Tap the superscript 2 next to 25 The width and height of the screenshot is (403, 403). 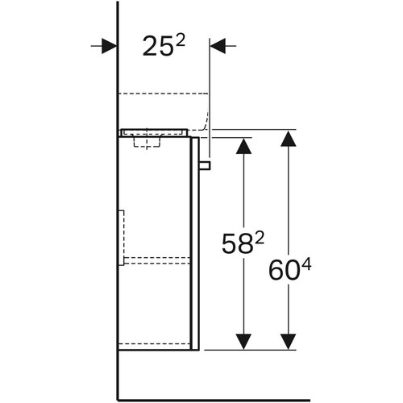click(181, 42)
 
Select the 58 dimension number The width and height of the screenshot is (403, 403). click(237, 244)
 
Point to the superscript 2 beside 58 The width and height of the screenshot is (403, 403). click(260, 239)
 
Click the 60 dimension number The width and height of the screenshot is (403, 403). click(284, 270)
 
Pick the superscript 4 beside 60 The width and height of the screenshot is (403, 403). click(306, 265)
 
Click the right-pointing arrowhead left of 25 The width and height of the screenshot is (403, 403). click(109, 46)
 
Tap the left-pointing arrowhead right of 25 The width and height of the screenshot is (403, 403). click(218, 46)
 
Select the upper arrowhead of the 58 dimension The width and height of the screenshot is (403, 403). click(243, 146)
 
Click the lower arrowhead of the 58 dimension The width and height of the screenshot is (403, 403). click(243, 342)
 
